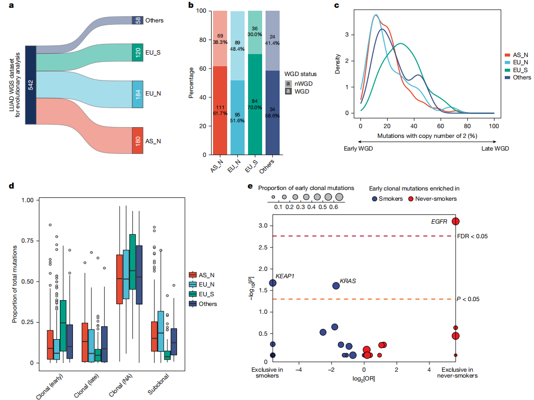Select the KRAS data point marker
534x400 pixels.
pos(336,286)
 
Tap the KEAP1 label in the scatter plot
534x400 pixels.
pos(286,276)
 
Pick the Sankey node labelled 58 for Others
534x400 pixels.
pos(138,20)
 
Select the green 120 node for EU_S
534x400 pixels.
pos(138,52)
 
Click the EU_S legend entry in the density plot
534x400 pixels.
pos(518,70)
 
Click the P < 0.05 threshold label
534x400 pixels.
pos(468,299)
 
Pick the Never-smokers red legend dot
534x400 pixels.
pos(410,198)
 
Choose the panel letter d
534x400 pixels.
pos(4,186)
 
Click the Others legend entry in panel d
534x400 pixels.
pos(208,304)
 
